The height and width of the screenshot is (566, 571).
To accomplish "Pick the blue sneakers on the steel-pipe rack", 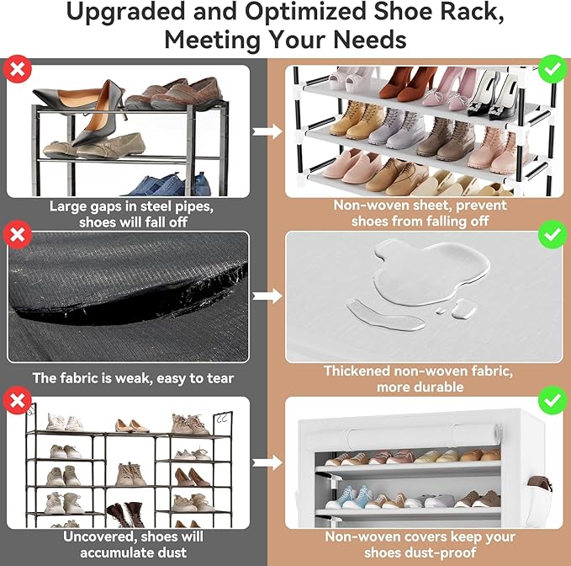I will (x=160, y=184).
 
